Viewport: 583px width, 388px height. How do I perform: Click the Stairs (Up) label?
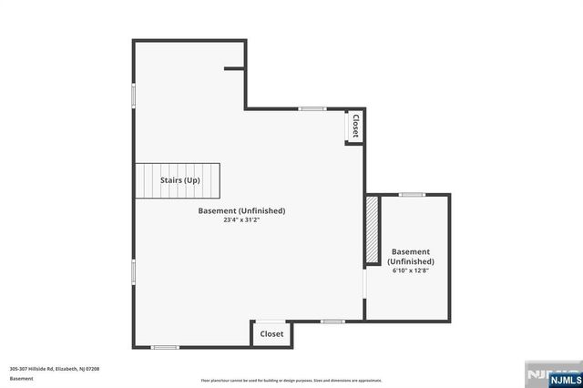180,180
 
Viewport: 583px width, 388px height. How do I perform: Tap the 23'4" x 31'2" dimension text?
241,220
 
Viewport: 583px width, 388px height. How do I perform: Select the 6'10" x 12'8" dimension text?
410,271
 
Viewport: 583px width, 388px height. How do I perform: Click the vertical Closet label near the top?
354,126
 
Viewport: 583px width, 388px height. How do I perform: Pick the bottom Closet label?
271,334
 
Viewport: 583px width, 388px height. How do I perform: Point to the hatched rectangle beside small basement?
372,230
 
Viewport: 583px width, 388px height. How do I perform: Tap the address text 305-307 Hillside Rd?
54,368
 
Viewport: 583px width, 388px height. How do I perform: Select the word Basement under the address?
21,377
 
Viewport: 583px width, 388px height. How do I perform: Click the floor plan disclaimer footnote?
291,381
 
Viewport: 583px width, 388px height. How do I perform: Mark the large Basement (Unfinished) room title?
241,210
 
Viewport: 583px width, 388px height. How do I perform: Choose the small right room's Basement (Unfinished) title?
410,256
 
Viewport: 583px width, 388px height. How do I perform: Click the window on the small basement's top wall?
412,194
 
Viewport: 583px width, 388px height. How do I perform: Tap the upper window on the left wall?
134,95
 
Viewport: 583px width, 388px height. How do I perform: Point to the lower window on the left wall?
134,271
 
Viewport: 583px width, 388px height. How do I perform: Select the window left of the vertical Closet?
312,109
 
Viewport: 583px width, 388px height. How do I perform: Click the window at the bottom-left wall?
165,347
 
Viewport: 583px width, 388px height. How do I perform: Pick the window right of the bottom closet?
332,321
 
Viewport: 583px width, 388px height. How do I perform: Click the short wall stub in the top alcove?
235,67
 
